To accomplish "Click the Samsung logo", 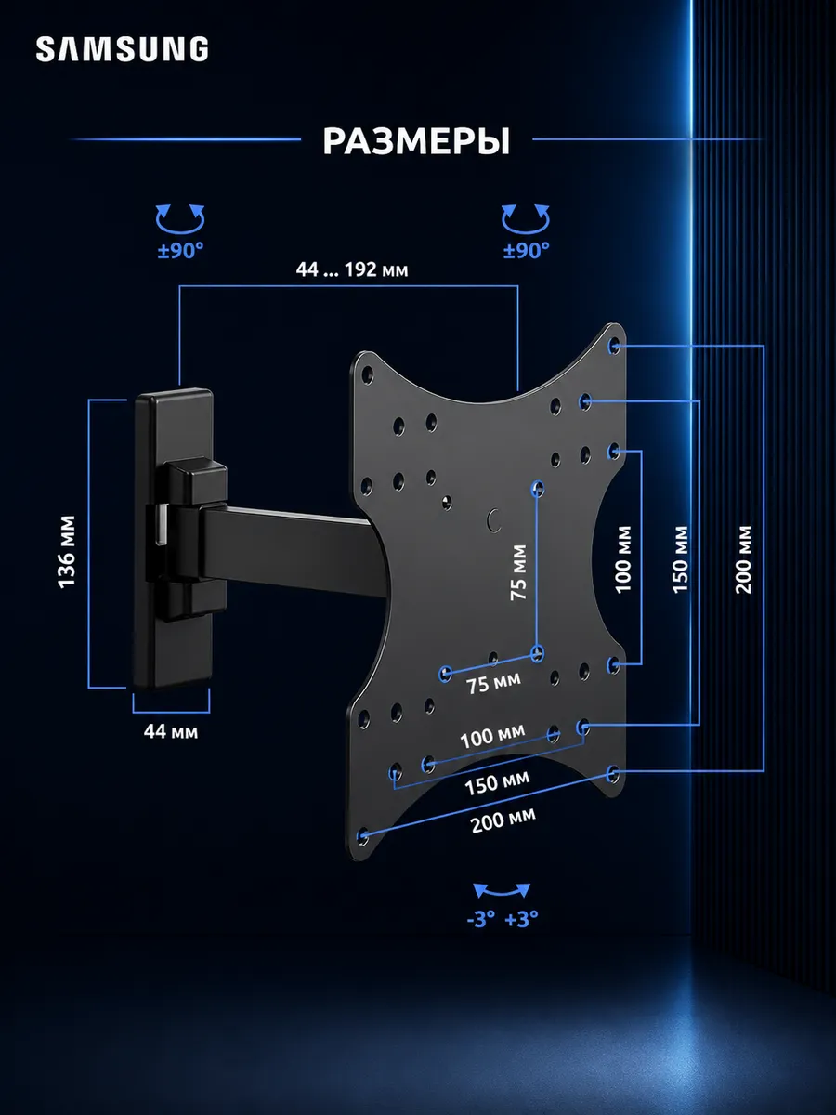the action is click(122, 48).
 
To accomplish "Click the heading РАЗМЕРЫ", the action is click(416, 141).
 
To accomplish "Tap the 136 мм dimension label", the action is click(67, 552).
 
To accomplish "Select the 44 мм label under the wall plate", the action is click(171, 731).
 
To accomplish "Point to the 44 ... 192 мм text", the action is click(352, 269).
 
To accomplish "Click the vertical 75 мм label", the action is click(518, 572).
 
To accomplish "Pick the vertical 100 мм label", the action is click(623, 559).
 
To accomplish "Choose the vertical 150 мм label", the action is click(680, 559).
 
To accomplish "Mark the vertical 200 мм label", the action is click(744, 559).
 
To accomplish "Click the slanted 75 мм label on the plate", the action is click(494, 683).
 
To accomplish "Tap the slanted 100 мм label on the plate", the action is click(492, 736).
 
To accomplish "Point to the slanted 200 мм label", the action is click(503, 820).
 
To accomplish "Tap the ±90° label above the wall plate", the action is click(180, 251).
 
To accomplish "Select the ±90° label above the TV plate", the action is click(526, 251).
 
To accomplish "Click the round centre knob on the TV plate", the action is click(494, 519).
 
